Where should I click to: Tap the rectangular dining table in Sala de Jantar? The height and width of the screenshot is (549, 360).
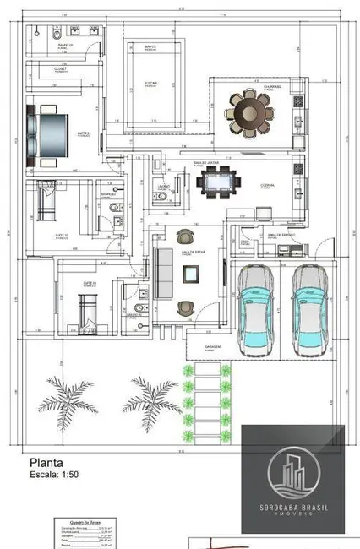click(221, 181)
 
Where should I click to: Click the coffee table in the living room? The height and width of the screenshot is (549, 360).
click(191, 273)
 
